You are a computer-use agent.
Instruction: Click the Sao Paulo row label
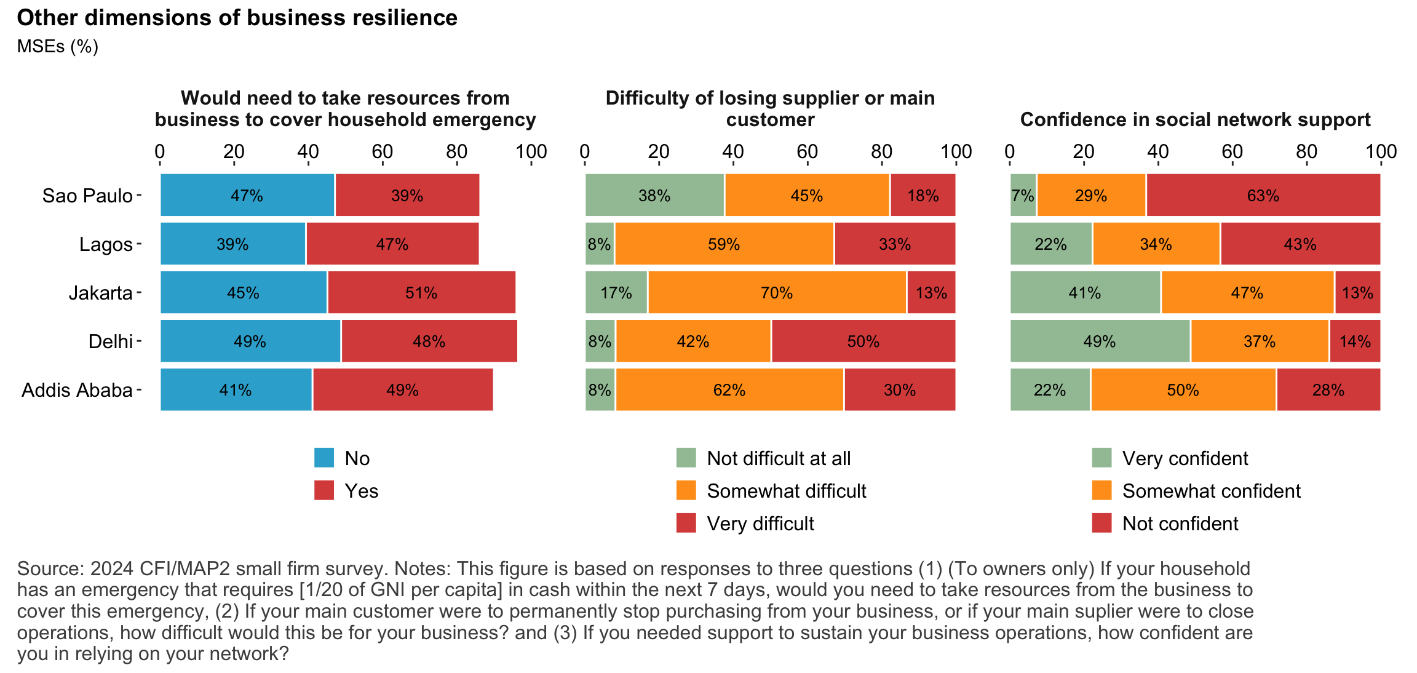(x=87, y=196)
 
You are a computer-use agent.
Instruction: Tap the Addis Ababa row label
(x=77, y=390)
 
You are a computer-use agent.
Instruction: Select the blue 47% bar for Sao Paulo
(x=247, y=196)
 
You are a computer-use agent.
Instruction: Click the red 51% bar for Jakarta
(x=421, y=293)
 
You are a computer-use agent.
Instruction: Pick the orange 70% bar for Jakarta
(x=777, y=293)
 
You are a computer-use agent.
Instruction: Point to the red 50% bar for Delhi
(x=863, y=341)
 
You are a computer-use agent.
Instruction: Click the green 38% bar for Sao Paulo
(x=654, y=196)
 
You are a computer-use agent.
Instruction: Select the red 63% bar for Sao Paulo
(x=1263, y=196)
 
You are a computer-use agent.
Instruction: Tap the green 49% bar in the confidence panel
(x=1100, y=341)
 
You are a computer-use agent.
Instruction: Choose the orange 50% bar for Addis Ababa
(x=1183, y=390)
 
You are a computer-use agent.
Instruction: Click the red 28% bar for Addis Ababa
(x=1328, y=390)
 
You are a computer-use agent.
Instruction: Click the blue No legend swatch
(x=324, y=458)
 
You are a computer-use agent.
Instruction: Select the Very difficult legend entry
(x=760, y=524)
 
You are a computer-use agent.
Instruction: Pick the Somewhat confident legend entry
(x=1211, y=491)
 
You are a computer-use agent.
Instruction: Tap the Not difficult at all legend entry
(x=779, y=458)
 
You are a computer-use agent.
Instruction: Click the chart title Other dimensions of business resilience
(x=237, y=18)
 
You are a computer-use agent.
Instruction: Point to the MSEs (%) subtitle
(x=58, y=47)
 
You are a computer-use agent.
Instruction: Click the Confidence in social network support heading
(x=1195, y=119)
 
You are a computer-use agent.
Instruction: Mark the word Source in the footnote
(x=50, y=568)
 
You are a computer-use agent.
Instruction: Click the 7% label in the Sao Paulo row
(x=1023, y=196)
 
